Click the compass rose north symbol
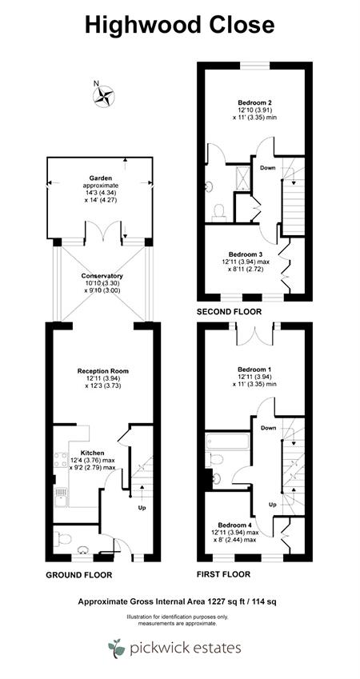pos(103,96)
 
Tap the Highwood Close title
pos(180,25)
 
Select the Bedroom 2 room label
pos(254,103)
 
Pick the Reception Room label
pos(103,371)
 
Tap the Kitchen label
pos(93,453)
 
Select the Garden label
pos(101,178)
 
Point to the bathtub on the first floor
pos(227,441)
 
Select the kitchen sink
pos(61,497)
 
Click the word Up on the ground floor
pos(142,508)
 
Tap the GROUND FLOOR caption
pos(79,575)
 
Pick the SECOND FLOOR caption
pos(229,311)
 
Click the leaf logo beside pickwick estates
pos(116,648)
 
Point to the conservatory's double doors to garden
pos(102,231)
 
